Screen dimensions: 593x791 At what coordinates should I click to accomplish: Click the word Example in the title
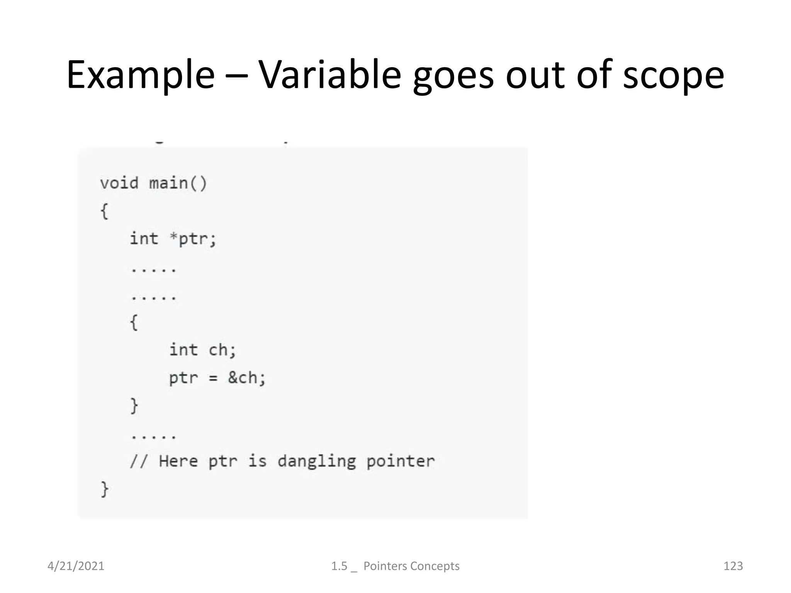pos(140,75)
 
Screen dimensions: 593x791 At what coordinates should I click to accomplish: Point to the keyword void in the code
pos(119,183)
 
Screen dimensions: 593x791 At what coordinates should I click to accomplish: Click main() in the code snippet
pos(178,183)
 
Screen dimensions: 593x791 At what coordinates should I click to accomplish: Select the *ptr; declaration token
pos(193,239)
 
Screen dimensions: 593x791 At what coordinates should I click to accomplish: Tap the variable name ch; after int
pos(222,350)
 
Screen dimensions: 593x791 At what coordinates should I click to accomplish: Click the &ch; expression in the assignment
pos(247,378)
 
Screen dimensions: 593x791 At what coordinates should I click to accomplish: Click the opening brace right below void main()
pos(104,211)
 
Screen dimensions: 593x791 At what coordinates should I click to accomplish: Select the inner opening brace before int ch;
pos(134,322)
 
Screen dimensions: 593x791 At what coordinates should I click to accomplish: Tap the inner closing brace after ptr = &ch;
pos(134,406)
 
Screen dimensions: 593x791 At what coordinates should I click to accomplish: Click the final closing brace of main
pos(104,489)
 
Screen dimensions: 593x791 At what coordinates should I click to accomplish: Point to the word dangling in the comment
pos(317,461)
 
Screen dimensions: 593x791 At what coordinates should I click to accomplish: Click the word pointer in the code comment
pos(400,461)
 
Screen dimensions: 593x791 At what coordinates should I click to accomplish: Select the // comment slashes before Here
pos(138,461)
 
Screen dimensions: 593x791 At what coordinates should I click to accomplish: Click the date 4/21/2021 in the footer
pos(76,566)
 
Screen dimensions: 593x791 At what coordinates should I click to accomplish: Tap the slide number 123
pos(733,566)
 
